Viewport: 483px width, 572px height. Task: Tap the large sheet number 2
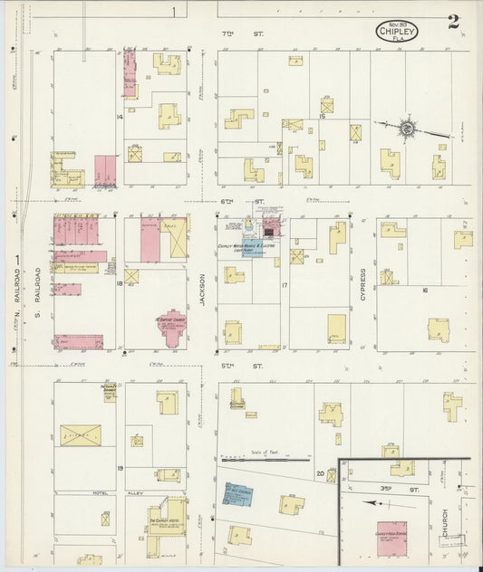pyautogui.click(x=452, y=22)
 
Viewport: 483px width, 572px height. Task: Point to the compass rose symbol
pyautogui.click(x=409, y=129)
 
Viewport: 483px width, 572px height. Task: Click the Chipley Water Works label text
pyautogui.click(x=246, y=245)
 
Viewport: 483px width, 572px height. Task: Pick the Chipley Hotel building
pyautogui.click(x=163, y=534)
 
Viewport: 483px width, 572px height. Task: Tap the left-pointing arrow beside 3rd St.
pyautogui.click(x=372, y=501)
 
